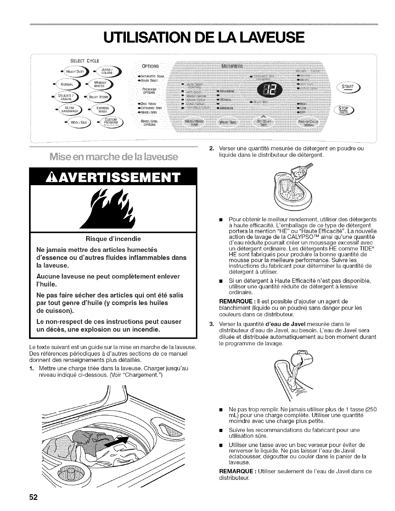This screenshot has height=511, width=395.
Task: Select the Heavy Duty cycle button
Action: pos(74,72)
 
